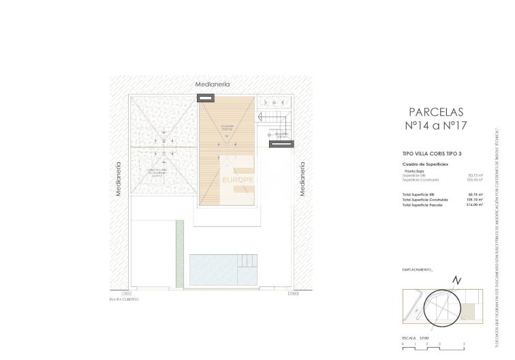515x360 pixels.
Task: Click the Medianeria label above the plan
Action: click(x=212, y=84)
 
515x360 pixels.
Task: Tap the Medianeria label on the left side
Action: click(x=119, y=179)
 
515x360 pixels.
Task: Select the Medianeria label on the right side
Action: click(x=302, y=179)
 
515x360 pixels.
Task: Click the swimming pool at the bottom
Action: click(x=223, y=271)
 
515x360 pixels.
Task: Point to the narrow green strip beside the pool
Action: click(x=180, y=253)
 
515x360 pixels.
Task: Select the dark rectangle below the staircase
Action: click(x=281, y=144)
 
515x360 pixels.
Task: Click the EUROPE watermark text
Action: click(x=238, y=180)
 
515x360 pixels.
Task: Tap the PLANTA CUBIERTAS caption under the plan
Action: click(x=125, y=299)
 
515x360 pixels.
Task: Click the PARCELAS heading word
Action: click(x=435, y=111)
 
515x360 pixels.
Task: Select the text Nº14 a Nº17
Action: click(x=435, y=125)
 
